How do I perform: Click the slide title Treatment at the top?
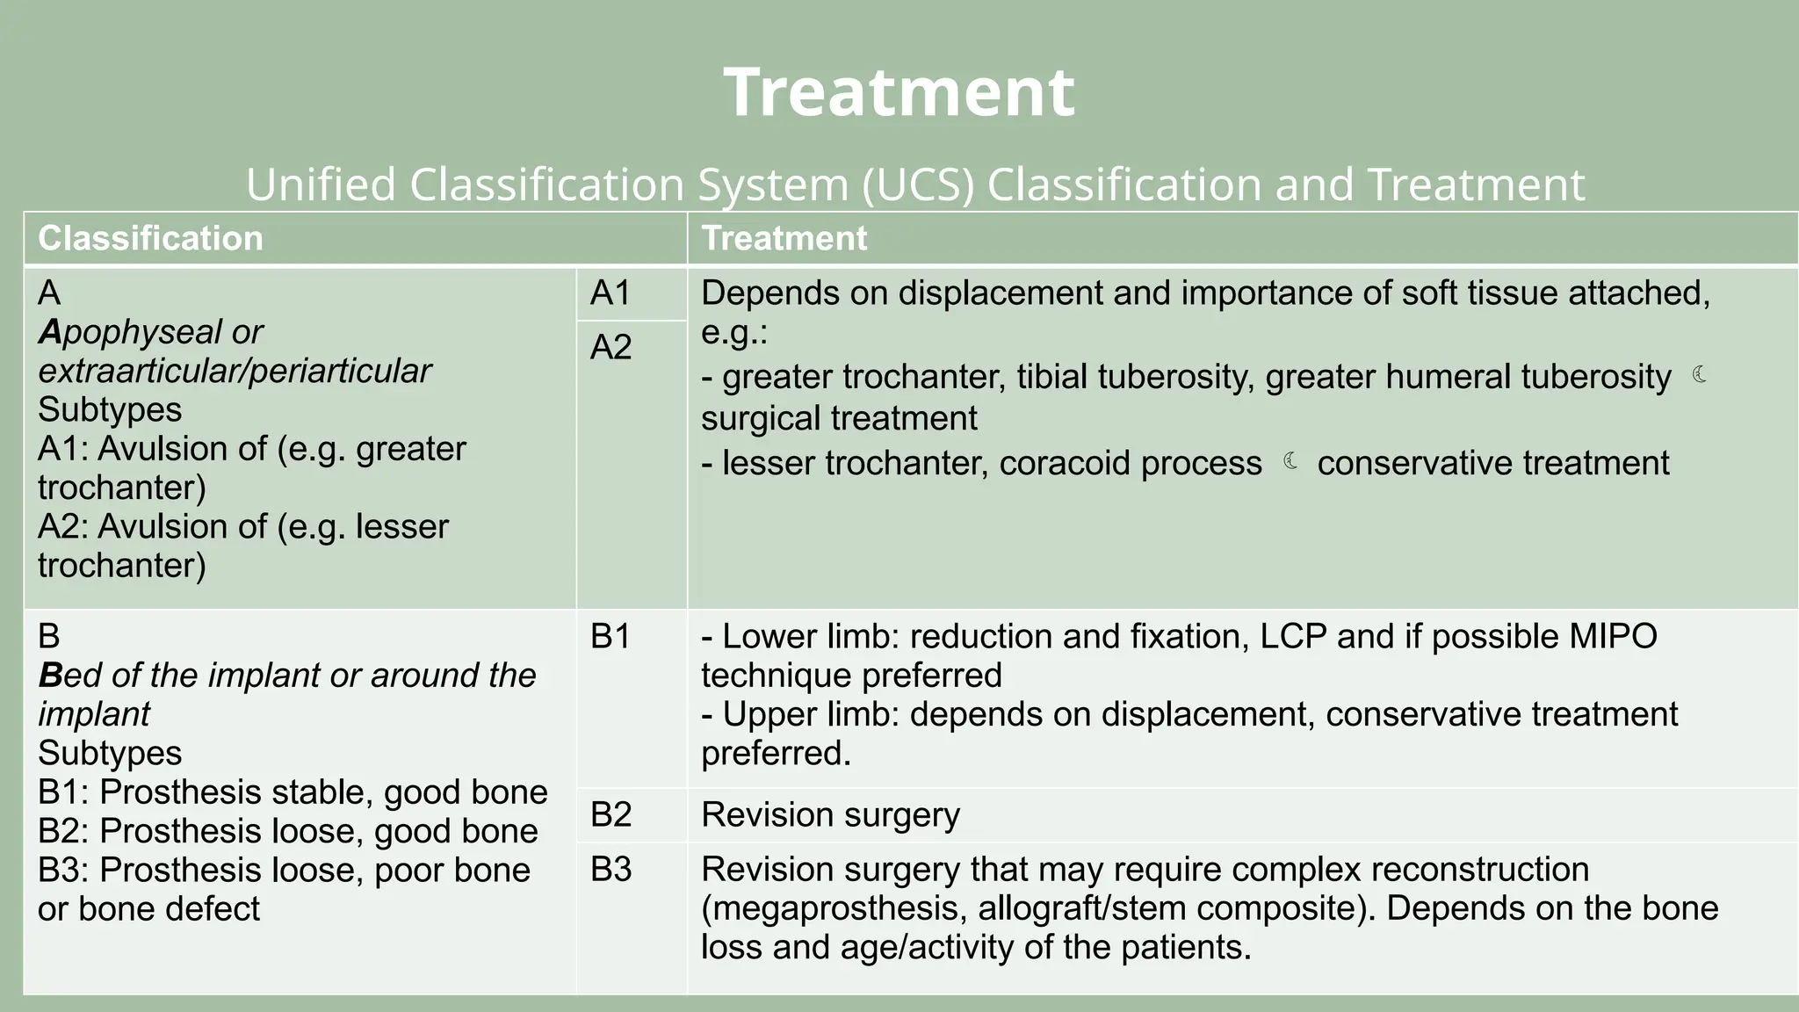tap(899, 92)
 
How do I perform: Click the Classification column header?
tap(150, 238)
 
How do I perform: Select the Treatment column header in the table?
tap(784, 238)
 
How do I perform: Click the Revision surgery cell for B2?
tap(830, 815)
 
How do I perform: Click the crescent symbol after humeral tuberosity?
tap(1700, 375)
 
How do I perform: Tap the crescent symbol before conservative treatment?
tap(1290, 461)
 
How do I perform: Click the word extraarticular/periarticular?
tap(235, 371)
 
